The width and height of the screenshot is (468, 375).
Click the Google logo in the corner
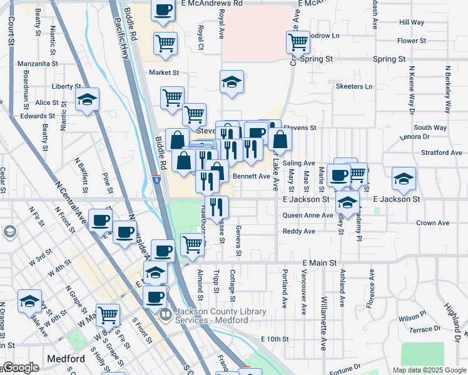click(21, 368)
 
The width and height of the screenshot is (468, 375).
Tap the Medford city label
click(66, 359)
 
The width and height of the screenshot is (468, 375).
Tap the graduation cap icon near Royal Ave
click(231, 82)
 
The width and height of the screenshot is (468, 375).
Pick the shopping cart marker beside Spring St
click(298, 42)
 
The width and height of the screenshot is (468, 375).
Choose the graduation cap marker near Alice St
click(87, 99)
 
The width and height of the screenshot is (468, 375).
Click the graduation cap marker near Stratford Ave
click(404, 179)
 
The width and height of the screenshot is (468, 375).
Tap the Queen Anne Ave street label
click(308, 216)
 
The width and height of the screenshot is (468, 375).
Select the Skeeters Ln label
click(354, 86)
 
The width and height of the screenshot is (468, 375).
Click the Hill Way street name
click(412, 22)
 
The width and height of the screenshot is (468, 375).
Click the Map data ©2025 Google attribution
click(429, 370)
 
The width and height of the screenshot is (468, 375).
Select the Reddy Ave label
click(298, 231)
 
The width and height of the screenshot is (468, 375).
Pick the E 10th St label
click(275, 339)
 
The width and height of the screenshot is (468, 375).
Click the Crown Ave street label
click(433, 223)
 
